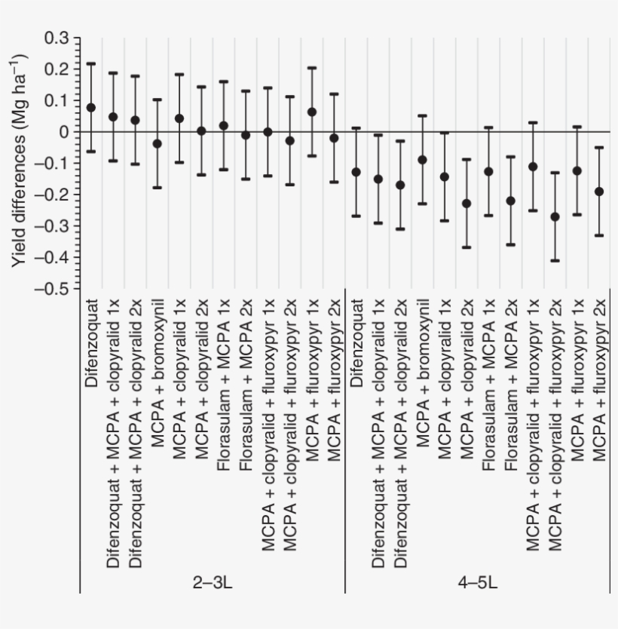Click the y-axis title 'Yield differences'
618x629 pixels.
click(x=20, y=162)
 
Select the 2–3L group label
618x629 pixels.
click(x=212, y=583)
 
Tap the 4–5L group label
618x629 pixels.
click(x=477, y=583)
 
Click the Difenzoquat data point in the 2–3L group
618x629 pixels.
click(x=91, y=108)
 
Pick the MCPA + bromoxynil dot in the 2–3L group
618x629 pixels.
click(x=158, y=143)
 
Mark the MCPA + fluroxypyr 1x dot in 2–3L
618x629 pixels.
click(x=312, y=112)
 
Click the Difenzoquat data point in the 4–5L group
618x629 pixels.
click(x=356, y=172)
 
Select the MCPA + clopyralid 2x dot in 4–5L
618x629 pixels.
click(x=467, y=203)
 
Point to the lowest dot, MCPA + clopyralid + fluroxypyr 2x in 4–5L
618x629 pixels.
click(x=555, y=216)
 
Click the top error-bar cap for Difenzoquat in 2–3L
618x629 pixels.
click(x=91, y=63)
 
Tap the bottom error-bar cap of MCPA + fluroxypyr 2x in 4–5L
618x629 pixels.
click(x=599, y=235)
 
